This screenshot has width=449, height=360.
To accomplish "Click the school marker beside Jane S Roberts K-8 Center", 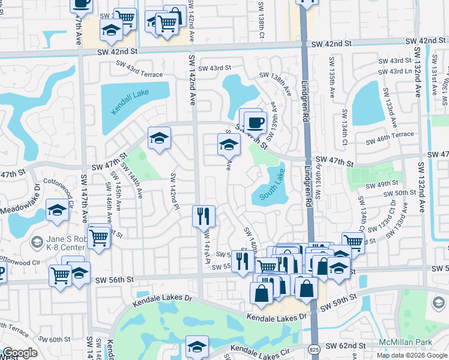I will pos(57,211).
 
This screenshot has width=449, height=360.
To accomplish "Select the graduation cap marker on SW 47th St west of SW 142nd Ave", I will pos(160,139).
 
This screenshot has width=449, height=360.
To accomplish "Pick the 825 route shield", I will pos(315,347).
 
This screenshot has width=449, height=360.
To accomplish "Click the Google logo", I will pos(19,353).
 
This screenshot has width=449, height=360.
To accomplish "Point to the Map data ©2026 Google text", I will pos(412,355).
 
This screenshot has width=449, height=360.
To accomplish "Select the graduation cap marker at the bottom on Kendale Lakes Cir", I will pos(197,347).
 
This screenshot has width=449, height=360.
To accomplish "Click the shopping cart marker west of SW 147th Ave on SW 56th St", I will pos(61,275).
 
